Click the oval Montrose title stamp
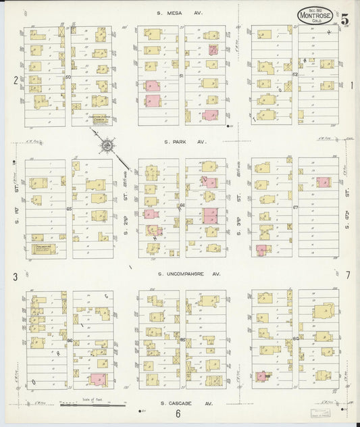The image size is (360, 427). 316,15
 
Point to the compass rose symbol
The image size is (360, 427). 107,145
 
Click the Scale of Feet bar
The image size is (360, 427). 93,405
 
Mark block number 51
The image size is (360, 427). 182,76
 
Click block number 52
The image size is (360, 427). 295,75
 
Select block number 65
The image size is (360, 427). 69,209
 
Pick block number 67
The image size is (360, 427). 295,207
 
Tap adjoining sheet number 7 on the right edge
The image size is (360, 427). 348,276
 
